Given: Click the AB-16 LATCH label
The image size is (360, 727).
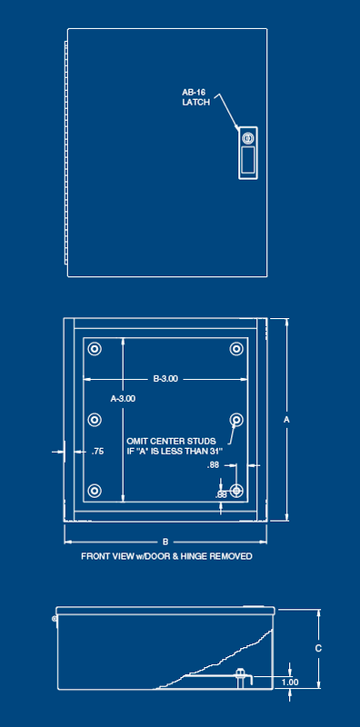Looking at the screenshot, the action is (x=196, y=97).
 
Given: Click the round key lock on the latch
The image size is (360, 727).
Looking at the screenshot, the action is (x=247, y=137).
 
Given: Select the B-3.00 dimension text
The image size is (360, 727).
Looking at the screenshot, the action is (x=165, y=378).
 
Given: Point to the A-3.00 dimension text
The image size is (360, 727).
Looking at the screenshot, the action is (x=123, y=398).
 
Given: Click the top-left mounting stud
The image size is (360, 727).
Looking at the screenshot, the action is (x=95, y=350).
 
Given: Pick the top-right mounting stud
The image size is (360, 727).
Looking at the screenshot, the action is (x=236, y=350).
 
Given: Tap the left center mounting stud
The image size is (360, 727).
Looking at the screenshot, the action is (x=95, y=420).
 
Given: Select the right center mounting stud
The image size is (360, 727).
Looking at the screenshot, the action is (x=236, y=420).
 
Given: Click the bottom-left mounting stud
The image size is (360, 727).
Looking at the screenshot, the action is (x=95, y=491).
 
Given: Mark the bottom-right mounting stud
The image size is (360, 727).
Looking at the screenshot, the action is (x=236, y=491).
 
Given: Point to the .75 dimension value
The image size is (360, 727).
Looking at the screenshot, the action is (x=98, y=452).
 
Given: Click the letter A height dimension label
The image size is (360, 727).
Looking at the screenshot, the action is (x=286, y=420).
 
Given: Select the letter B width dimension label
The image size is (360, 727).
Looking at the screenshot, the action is (x=165, y=541).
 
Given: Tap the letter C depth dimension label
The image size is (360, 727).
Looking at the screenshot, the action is (x=317, y=648).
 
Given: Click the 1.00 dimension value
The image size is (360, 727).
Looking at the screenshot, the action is (x=290, y=682).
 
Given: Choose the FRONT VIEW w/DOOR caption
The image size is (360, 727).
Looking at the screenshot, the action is (x=166, y=555).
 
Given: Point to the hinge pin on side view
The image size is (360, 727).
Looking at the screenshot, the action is (x=54, y=619).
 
